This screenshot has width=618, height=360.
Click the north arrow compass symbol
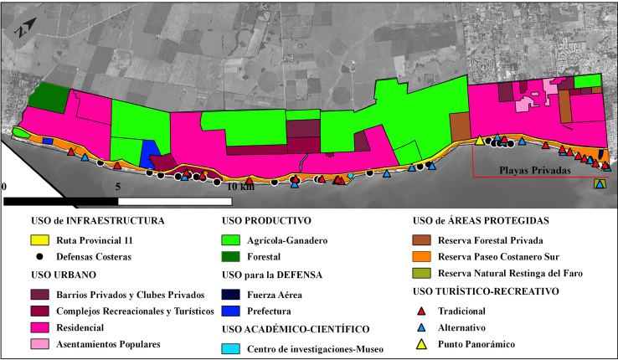click(x=26, y=29)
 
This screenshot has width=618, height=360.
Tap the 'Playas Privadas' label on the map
click(x=535, y=171)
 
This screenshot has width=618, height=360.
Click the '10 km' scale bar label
click(x=240, y=187)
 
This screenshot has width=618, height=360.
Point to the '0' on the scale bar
click(x=6, y=187)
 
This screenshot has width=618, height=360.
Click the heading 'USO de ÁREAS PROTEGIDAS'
click(x=481, y=221)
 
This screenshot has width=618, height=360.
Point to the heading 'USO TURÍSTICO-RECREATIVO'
click(x=487, y=292)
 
